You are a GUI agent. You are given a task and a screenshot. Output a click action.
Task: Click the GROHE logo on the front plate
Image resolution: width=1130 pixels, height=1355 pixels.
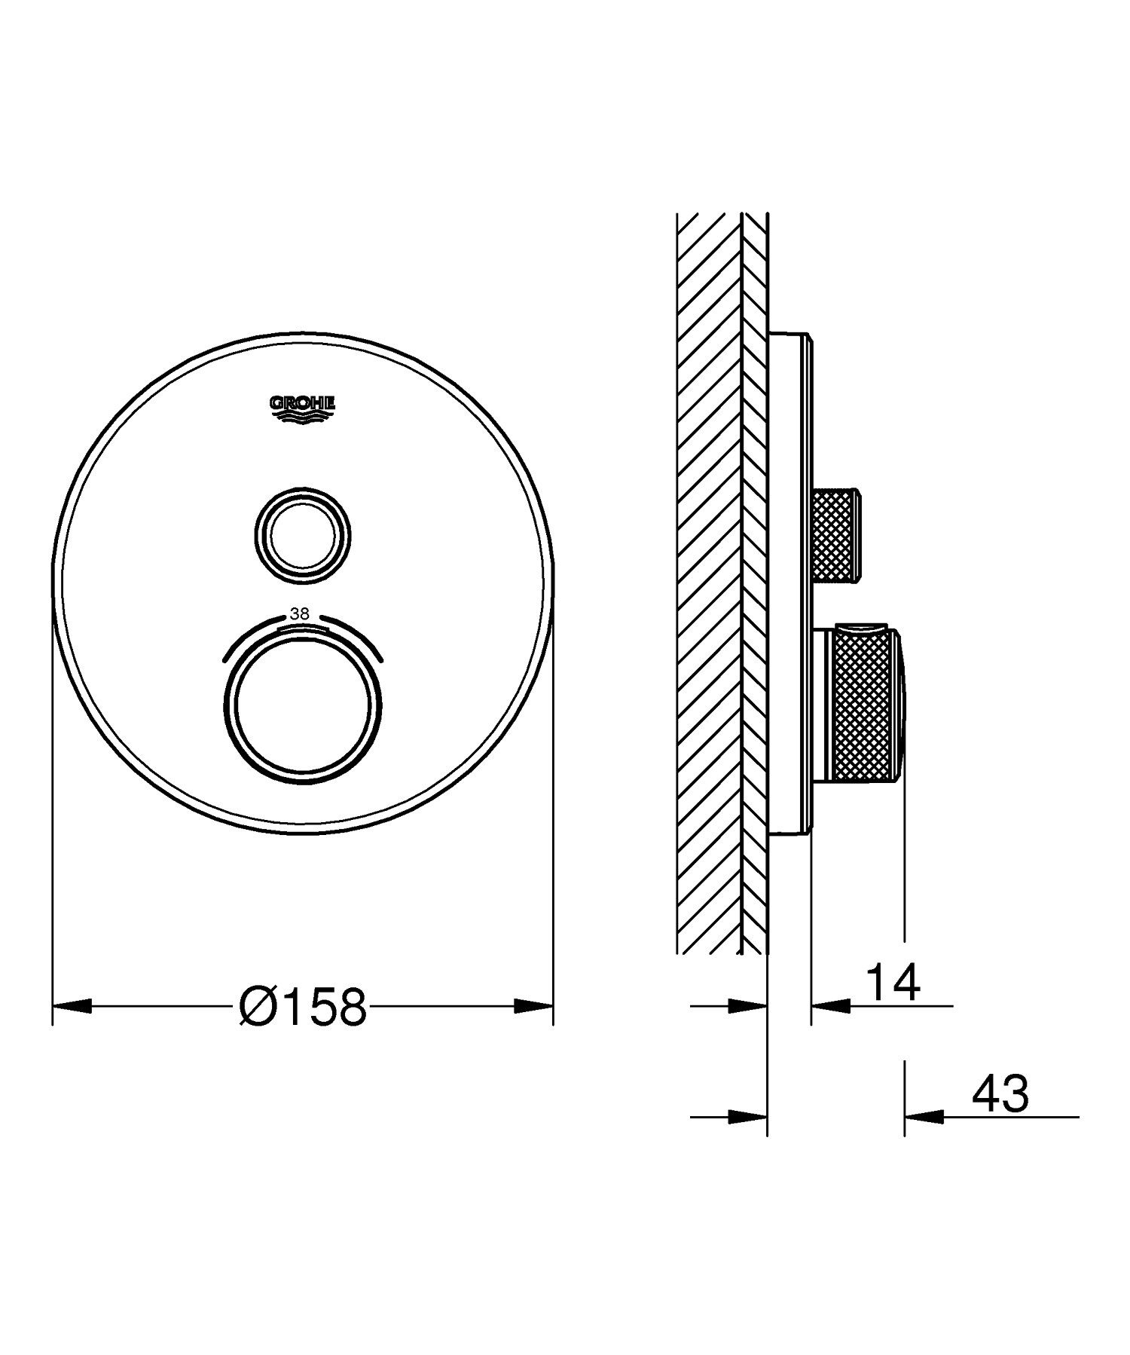[302, 408]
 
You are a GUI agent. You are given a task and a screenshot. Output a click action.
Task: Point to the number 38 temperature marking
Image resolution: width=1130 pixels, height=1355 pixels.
[300, 614]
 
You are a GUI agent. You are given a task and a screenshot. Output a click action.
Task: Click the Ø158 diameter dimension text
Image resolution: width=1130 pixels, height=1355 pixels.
[303, 1006]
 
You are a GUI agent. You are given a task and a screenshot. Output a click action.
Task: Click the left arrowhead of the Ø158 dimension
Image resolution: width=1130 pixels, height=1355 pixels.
[72, 1006]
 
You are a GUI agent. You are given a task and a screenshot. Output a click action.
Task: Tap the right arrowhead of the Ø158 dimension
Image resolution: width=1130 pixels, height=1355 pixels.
[533, 1006]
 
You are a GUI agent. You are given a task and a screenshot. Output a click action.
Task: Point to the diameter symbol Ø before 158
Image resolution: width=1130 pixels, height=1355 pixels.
[256, 1006]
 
